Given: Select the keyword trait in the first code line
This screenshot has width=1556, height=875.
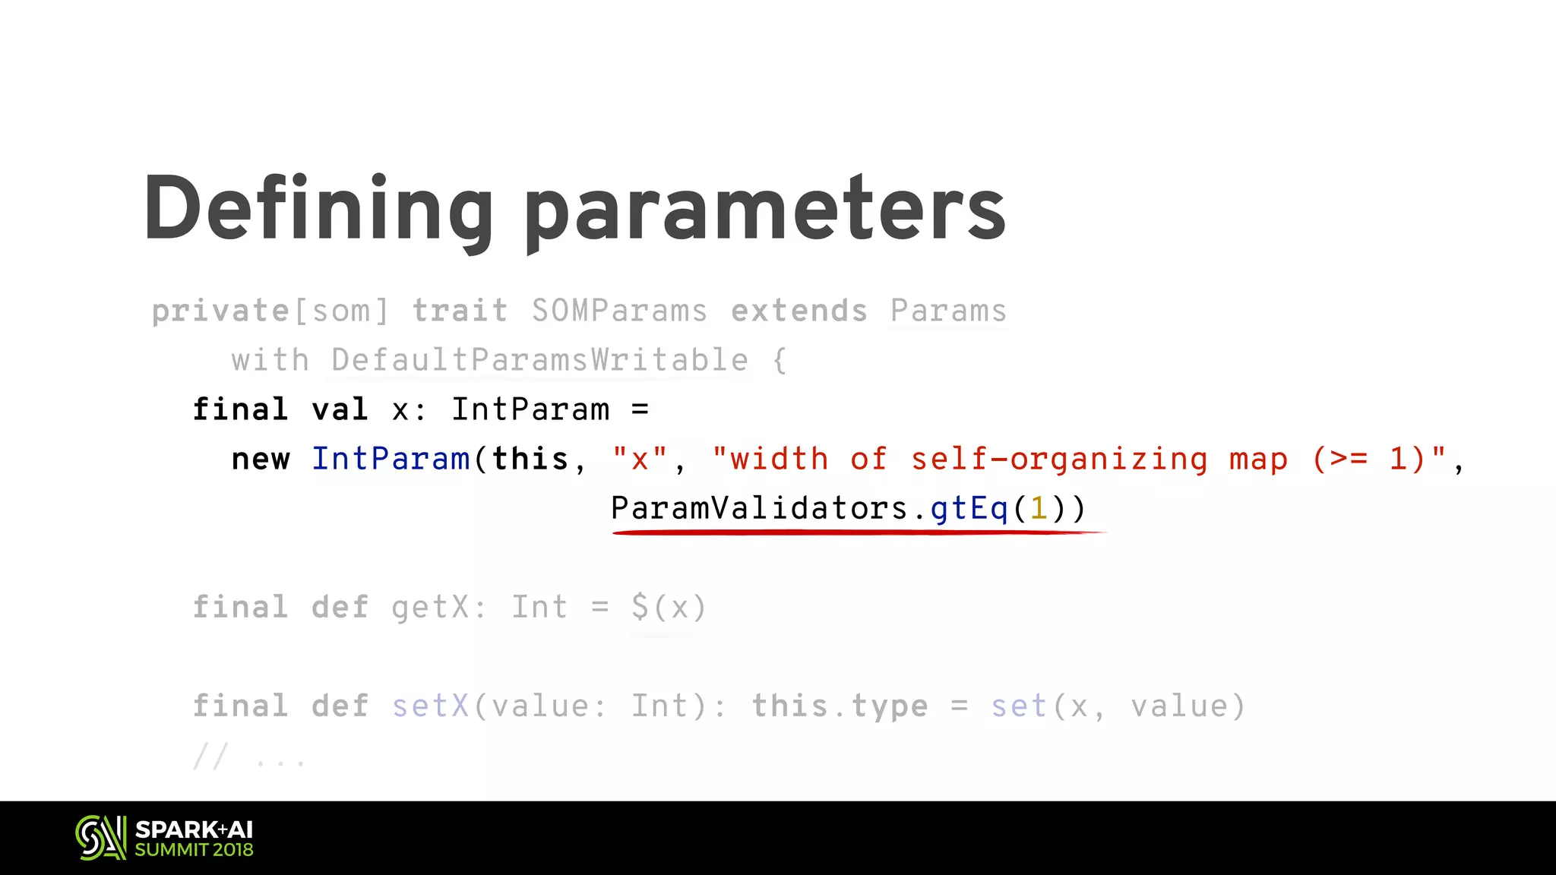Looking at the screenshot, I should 460,311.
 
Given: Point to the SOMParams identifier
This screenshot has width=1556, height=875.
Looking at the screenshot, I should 619,311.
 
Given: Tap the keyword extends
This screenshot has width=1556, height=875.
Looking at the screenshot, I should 799,311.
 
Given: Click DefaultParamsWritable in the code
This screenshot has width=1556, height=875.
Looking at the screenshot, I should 539,360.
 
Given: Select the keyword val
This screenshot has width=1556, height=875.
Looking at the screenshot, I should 340,410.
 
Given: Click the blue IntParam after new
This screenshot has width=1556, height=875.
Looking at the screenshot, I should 391,460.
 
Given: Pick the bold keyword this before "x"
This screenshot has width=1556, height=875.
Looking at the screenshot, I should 530,460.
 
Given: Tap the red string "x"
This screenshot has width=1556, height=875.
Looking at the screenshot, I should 640,460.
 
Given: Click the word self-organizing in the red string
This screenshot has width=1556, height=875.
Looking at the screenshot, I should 1059,460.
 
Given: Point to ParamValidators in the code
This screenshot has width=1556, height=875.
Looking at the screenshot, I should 759,508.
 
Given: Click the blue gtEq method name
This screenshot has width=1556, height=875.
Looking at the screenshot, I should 969,508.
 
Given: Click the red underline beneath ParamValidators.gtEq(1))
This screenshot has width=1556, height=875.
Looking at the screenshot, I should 859,532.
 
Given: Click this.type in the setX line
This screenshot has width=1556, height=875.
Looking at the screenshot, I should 840,706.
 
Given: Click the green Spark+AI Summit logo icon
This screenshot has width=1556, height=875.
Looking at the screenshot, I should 100,838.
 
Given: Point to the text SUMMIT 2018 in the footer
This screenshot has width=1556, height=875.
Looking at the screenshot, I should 194,850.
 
